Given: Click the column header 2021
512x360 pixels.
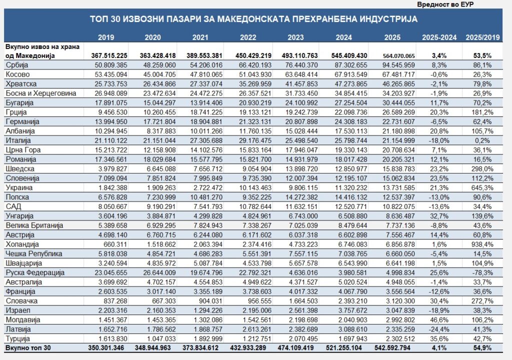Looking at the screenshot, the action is pyautogui.click(x=200, y=37).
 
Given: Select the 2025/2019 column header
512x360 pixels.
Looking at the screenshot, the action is pyautogui.click(x=482, y=37).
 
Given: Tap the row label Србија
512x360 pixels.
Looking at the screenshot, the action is pyautogui.click(x=17, y=65).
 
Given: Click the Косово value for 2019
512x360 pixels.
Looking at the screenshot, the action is pyautogui.click(x=111, y=74).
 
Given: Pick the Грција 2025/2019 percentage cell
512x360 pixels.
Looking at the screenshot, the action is pyautogui.click(x=482, y=112).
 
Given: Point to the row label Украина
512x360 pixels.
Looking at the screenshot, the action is pyautogui.click(x=19, y=188).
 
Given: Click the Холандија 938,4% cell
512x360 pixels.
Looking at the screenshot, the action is pyautogui.click(x=482, y=244).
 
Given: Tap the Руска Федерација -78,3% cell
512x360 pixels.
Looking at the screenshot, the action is pyautogui.click(x=482, y=273).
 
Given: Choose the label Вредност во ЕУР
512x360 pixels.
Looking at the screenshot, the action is pyautogui.click(x=445, y=4).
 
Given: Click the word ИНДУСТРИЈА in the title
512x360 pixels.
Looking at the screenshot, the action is pyautogui.click(x=388, y=19).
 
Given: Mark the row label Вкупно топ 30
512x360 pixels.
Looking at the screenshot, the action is pyautogui.click(x=28, y=348).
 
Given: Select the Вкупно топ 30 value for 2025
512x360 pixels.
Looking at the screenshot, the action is pyautogui.click(x=392, y=348).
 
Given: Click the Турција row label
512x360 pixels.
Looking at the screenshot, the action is pyautogui.click(x=17, y=339).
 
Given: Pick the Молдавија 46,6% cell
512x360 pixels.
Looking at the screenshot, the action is pyautogui.click(x=439, y=320).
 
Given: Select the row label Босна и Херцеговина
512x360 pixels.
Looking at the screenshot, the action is pyautogui.click(x=41, y=93).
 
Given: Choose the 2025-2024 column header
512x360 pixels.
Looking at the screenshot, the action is pyautogui.click(x=439, y=37).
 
